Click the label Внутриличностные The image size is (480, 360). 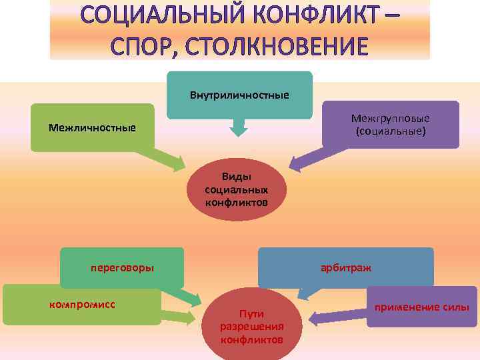[x=239, y=95]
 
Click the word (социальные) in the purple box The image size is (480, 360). [x=391, y=131]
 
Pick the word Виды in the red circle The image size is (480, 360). [x=237, y=177]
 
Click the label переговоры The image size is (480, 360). [x=122, y=268]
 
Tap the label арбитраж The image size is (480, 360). [x=346, y=267]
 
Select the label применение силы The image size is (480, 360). [x=422, y=307]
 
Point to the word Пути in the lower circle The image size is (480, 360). [x=252, y=313]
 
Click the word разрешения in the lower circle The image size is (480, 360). [x=252, y=327]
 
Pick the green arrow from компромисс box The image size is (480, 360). [x=180, y=317]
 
